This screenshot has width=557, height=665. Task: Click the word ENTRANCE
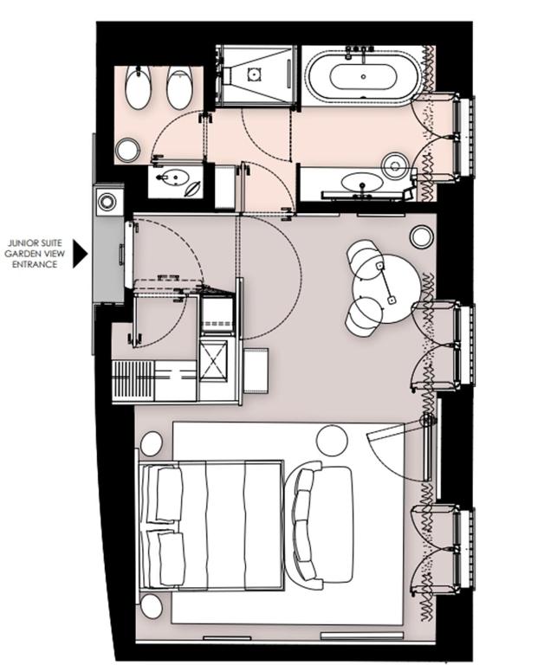point(36,264)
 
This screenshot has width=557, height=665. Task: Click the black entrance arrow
point(80,254)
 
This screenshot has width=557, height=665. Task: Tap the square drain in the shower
point(254,74)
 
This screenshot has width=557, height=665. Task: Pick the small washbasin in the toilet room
point(173,180)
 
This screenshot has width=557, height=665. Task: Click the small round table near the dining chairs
point(421,236)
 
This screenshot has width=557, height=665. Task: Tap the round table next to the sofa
point(331,441)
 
